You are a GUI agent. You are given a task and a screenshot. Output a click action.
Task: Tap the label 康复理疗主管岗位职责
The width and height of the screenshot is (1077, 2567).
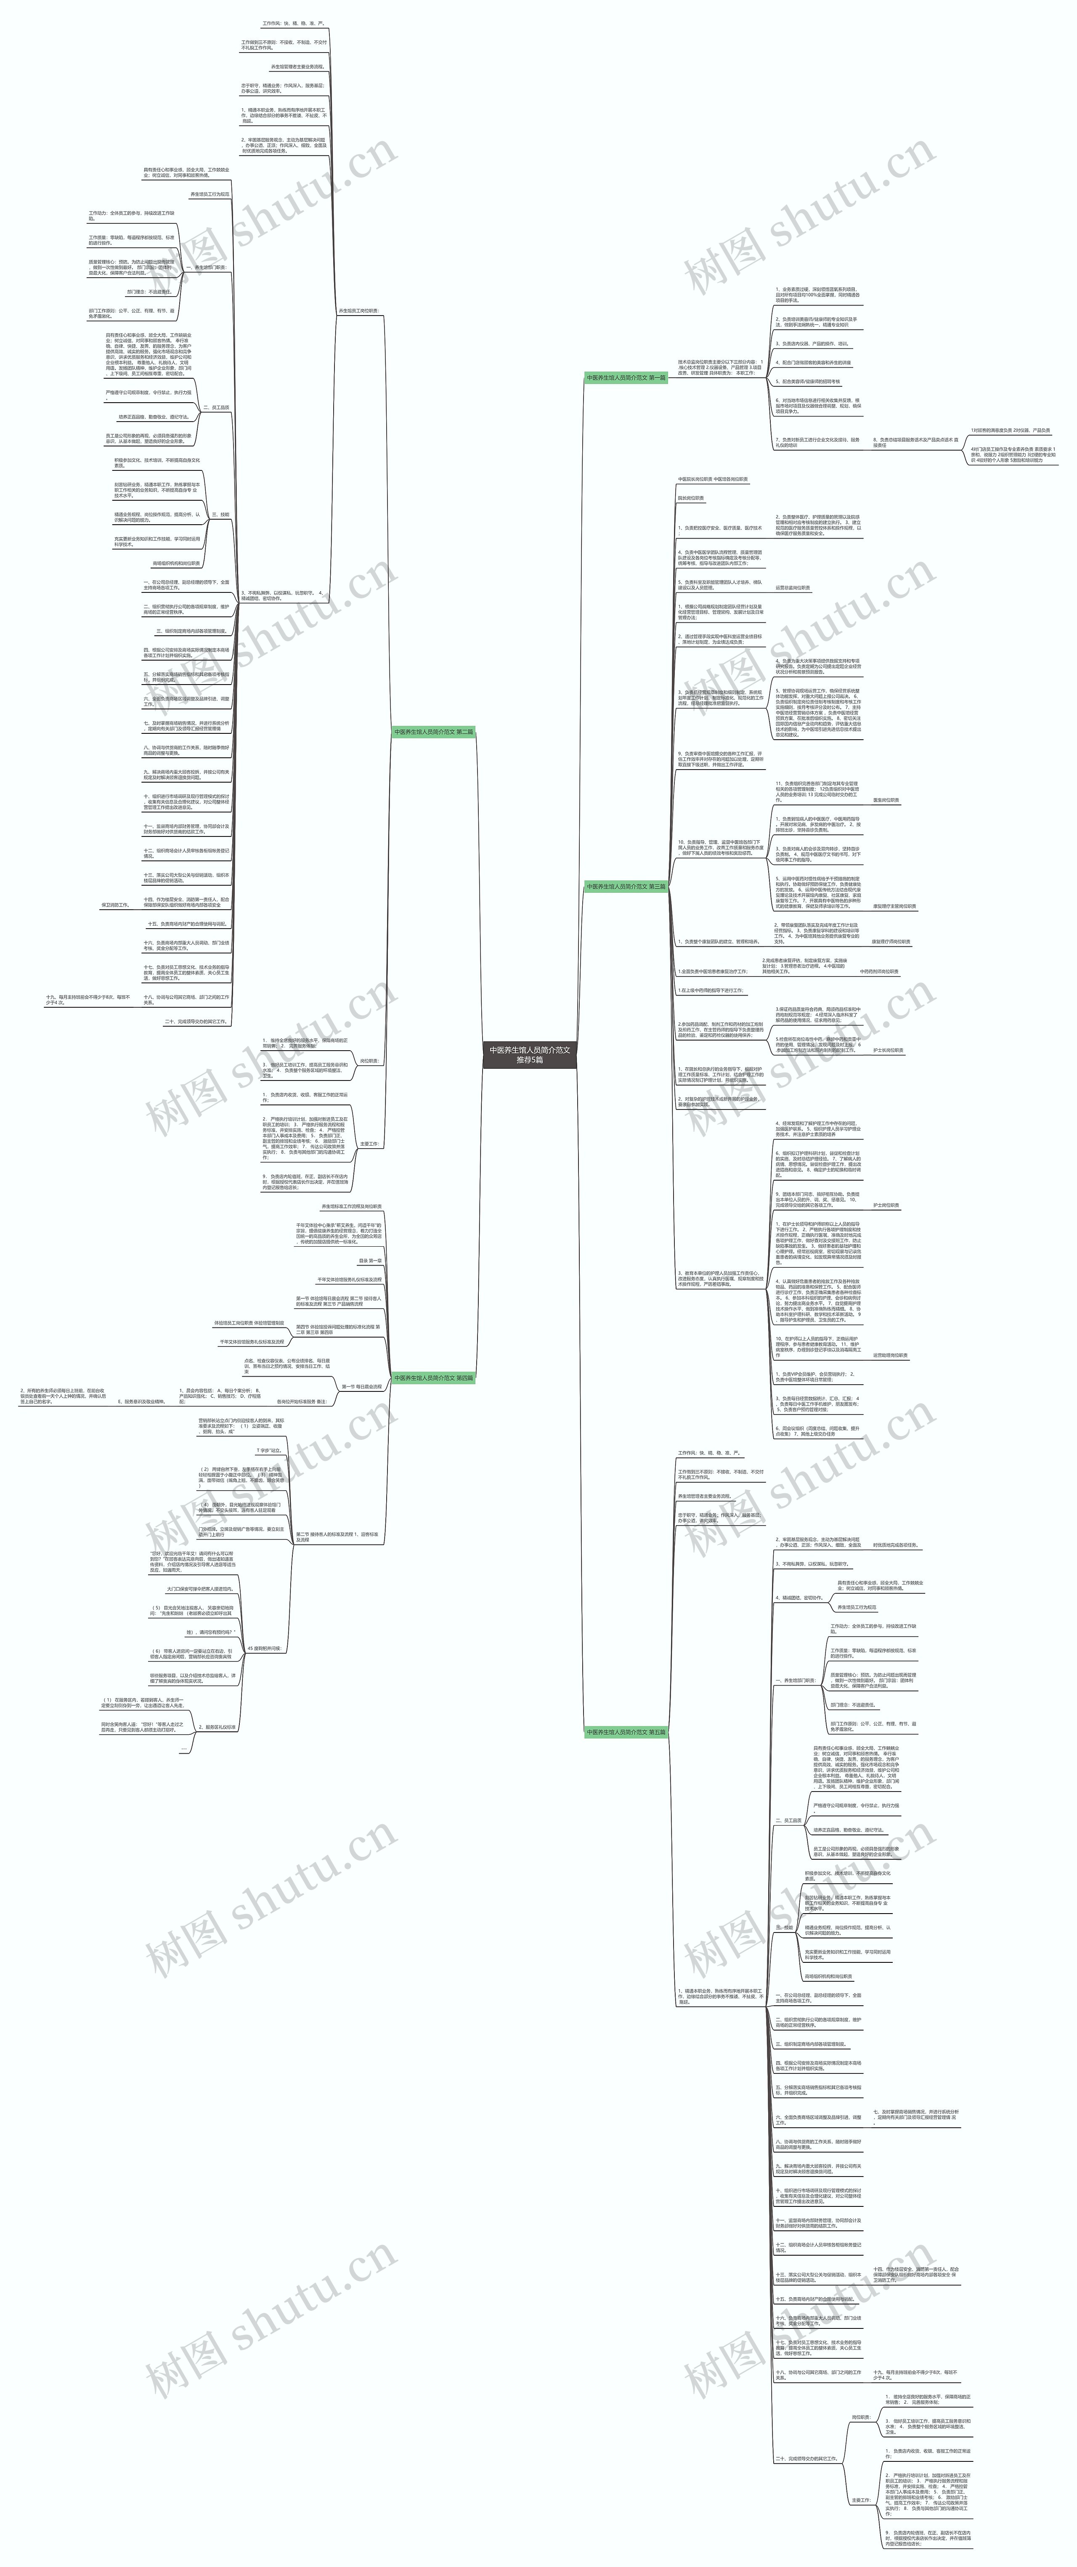894,907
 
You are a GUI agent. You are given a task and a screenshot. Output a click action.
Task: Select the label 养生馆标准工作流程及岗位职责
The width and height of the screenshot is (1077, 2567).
351,1207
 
